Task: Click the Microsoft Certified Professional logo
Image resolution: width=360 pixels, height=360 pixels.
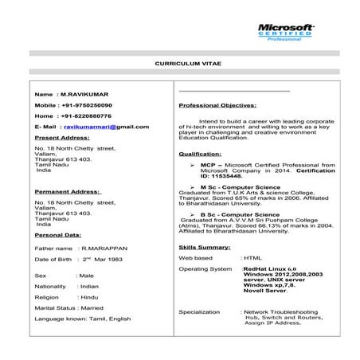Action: click(x=285, y=32)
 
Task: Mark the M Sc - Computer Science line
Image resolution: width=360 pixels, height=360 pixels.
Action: click(x=239, y=186)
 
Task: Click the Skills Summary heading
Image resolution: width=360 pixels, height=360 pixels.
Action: click(x=205, y=248)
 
